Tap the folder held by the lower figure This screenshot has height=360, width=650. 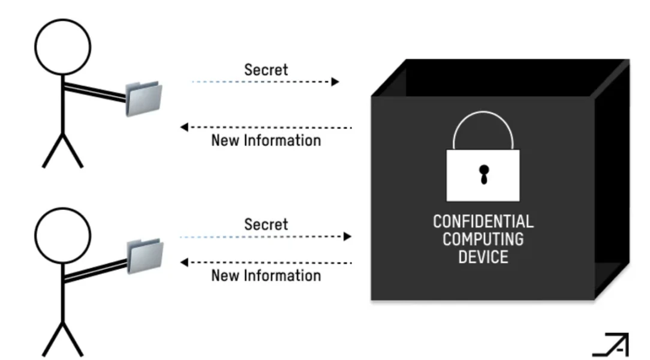145,255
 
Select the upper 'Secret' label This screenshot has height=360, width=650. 266,70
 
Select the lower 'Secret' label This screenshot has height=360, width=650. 266,225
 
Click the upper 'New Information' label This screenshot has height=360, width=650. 266,141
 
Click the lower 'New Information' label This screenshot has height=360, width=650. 266,276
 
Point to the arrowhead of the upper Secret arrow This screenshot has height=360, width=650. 335,82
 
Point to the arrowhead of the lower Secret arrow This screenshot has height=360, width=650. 347,237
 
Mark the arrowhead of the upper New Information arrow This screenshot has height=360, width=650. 184,127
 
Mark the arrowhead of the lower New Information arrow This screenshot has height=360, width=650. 184,262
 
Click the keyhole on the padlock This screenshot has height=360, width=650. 483,174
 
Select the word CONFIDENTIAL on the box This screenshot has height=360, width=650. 483,222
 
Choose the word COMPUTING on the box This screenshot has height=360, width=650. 483,239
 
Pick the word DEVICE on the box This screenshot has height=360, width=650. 483,257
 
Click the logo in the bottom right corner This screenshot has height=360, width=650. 611,344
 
